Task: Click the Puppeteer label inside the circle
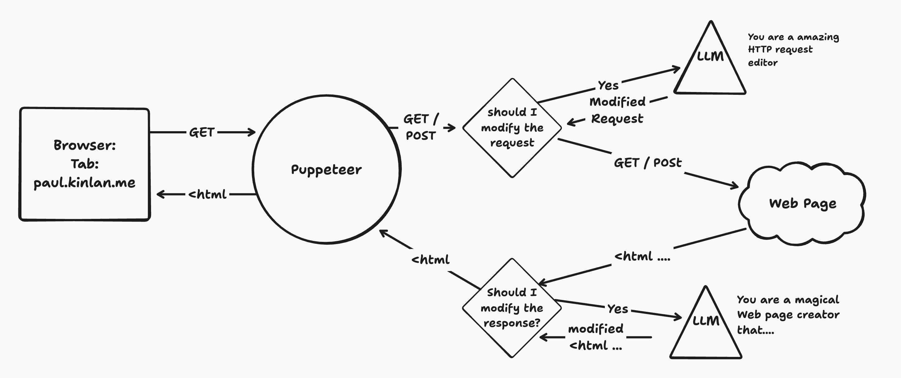click(326, 170)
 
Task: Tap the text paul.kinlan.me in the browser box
click(84, 183)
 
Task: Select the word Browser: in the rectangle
click(85, 145)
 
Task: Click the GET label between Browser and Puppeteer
click(201, 132)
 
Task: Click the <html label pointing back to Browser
click(207, 194)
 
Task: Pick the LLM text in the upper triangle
click(710, 56)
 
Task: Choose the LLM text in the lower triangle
click(706, 321)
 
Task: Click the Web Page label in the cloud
click(802, 204)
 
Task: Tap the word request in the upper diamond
click(512, 143)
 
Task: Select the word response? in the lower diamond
click(512, 323)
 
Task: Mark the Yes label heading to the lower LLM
click(617, 309)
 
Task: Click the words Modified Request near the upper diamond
click(617, 110)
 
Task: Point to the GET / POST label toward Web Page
click(647, 163)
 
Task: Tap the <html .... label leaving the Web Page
click(642, 257)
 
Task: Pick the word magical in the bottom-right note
click(817, 300)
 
